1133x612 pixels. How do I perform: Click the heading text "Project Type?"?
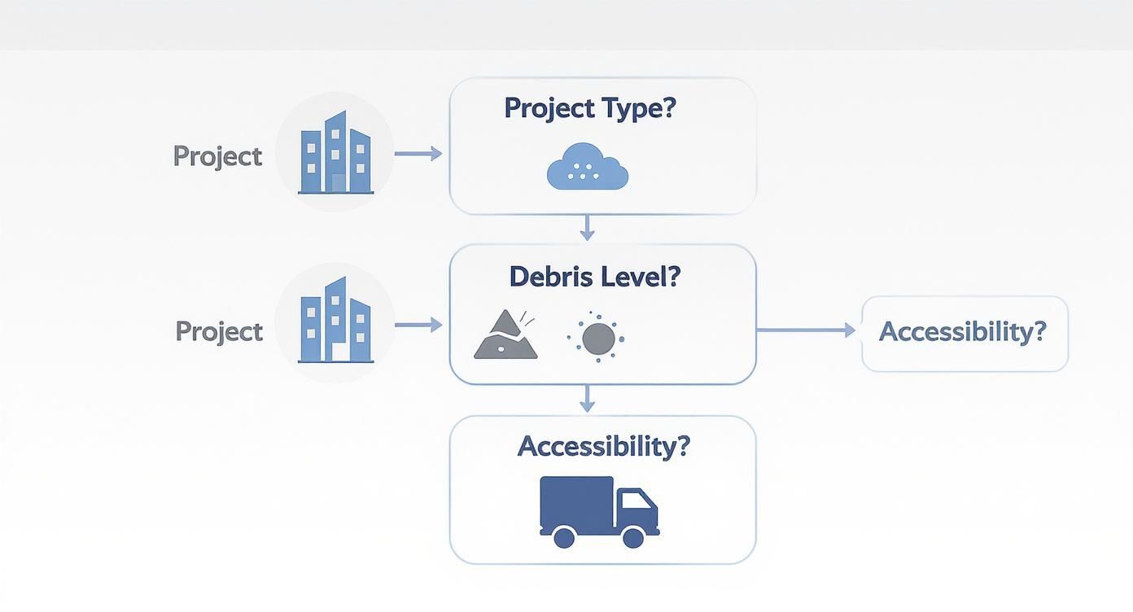[590, 108]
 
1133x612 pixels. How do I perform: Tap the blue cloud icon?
[588, 168]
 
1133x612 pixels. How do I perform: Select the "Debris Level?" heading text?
[594, 277]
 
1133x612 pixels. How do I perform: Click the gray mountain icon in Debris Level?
[505, 335]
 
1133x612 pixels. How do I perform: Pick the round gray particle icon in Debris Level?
[598, 337]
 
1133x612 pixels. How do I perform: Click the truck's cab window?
[638, 500]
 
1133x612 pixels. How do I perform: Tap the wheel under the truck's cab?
[633, 536]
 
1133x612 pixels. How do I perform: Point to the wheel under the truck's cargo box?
[563, 536]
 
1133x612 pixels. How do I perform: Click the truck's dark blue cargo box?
[576, 501]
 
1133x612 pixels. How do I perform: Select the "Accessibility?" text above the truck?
[602, 446]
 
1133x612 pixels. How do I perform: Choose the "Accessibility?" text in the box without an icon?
[962, 332]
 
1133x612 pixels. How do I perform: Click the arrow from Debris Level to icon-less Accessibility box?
[806, 330]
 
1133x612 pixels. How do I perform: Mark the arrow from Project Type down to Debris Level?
[587, 227]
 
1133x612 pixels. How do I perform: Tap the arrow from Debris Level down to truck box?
[587, 398]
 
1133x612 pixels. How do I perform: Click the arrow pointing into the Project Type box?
[418, 154]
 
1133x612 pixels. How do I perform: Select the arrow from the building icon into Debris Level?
[418, 326]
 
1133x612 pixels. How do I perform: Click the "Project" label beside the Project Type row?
[218, 156]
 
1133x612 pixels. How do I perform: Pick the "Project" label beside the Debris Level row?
[220, 331]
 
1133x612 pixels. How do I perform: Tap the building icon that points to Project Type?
[335, 153]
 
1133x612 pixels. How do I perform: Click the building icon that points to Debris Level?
[335, 321]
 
